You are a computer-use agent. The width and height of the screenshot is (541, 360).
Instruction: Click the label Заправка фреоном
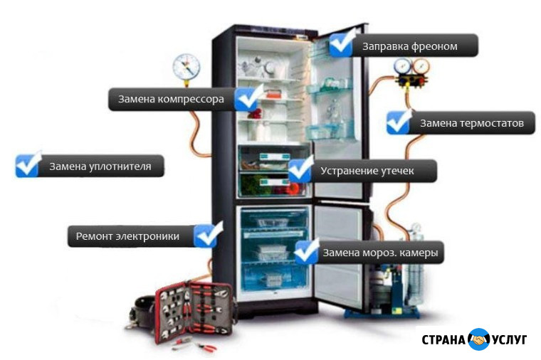410,47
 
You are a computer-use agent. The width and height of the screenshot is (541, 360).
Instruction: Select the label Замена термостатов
471,123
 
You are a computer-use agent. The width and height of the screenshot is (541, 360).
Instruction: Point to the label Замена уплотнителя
100,167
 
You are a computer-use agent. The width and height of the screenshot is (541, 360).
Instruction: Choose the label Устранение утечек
367,171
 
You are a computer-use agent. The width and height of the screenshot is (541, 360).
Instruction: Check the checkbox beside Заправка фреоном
342,43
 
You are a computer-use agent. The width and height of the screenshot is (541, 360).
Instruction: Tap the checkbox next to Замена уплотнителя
28,164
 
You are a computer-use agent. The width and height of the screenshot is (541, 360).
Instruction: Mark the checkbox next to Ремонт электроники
209,234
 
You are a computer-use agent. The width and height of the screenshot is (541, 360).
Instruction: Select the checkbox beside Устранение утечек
300,169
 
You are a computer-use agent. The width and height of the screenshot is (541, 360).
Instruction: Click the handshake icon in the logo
478,340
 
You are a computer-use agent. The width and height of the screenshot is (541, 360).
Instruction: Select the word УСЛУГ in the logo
508,340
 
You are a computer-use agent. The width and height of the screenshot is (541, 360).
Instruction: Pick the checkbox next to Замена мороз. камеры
307,250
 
